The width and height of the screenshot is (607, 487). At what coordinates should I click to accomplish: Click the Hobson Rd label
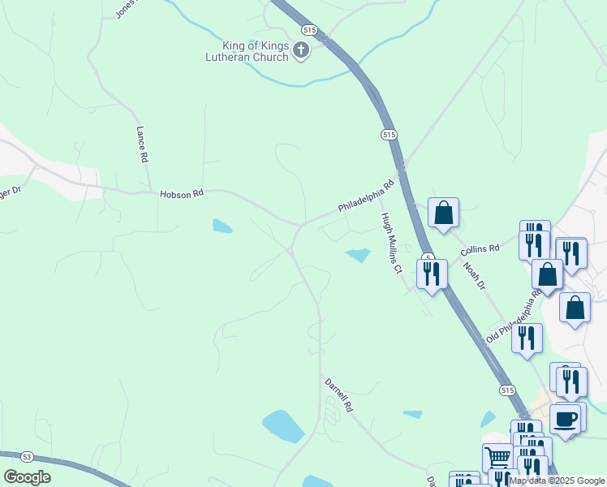(x=181, y=194)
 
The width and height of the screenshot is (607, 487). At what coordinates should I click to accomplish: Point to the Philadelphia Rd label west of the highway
(x=366, y=196)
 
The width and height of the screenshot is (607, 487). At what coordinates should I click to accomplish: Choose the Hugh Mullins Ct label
(x=390, y=243)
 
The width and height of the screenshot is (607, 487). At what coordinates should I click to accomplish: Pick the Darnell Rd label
(x=338, y=395)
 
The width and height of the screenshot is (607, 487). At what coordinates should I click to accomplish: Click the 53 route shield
(x=26, y=456)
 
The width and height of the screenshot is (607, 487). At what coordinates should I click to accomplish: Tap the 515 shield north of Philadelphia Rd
(x=389, y=134)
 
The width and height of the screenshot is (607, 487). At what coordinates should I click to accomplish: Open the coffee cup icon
(x=565, y=419)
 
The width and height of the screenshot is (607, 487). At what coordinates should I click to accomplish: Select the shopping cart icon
(x=497, y=458)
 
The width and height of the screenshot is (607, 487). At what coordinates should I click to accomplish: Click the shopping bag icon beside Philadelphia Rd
(x=443, y=213)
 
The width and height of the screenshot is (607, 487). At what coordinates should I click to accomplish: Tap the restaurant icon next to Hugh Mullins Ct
(x=431, y=273)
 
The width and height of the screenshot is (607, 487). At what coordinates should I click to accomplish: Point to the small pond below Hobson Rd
(x=222, y=226)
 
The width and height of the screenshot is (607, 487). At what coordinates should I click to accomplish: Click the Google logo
(x=28, y=477)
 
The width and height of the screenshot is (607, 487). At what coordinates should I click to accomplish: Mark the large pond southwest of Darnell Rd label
(x=283, y=425)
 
